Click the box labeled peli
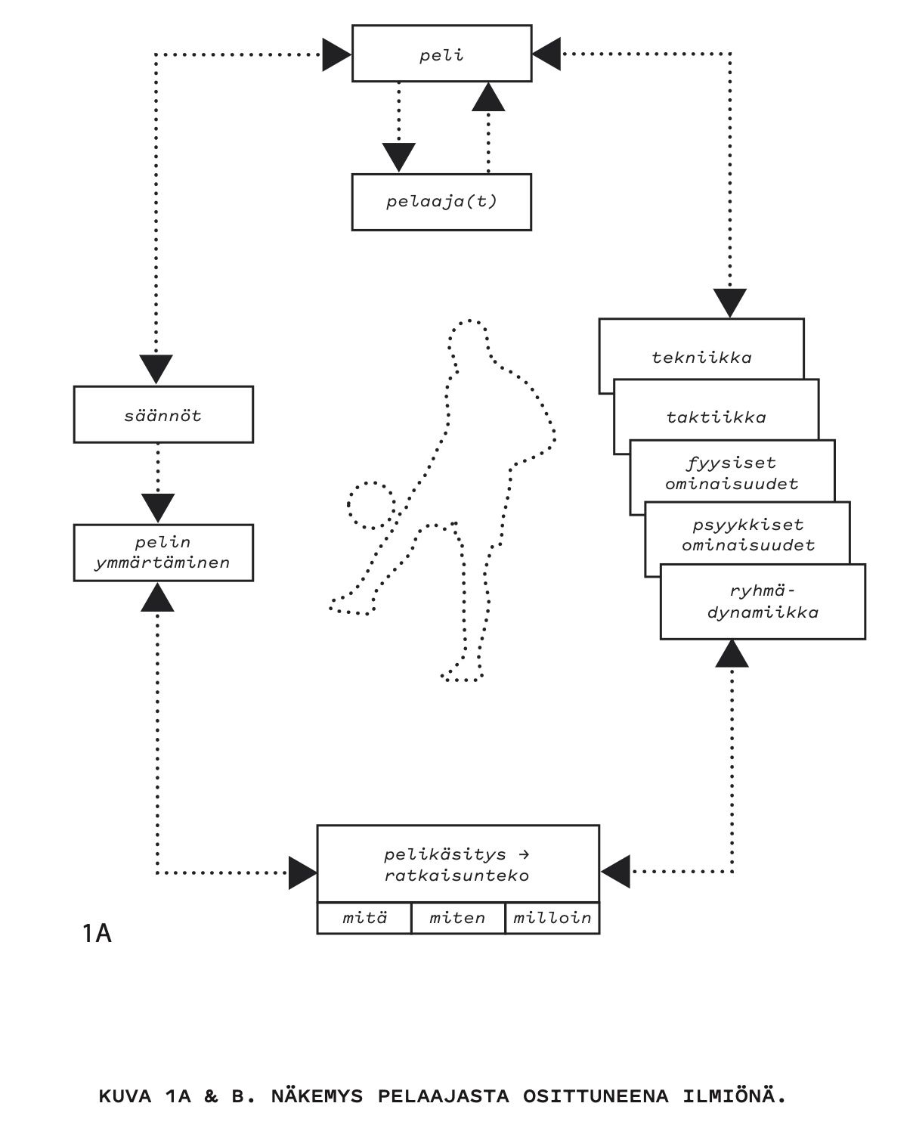point(441,54)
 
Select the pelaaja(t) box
point(441,202)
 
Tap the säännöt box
point(163,414)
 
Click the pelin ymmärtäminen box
point(163,553)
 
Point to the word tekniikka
point(701,358)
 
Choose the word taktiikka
point(716,417)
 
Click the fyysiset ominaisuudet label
point(732,473)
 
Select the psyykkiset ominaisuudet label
point(748,535)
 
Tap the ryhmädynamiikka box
point(763,602)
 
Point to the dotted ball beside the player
point(372,505)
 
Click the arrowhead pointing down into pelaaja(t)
point(398,156)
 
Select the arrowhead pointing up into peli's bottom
point(488,97)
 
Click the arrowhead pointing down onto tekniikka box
point(730,303)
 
